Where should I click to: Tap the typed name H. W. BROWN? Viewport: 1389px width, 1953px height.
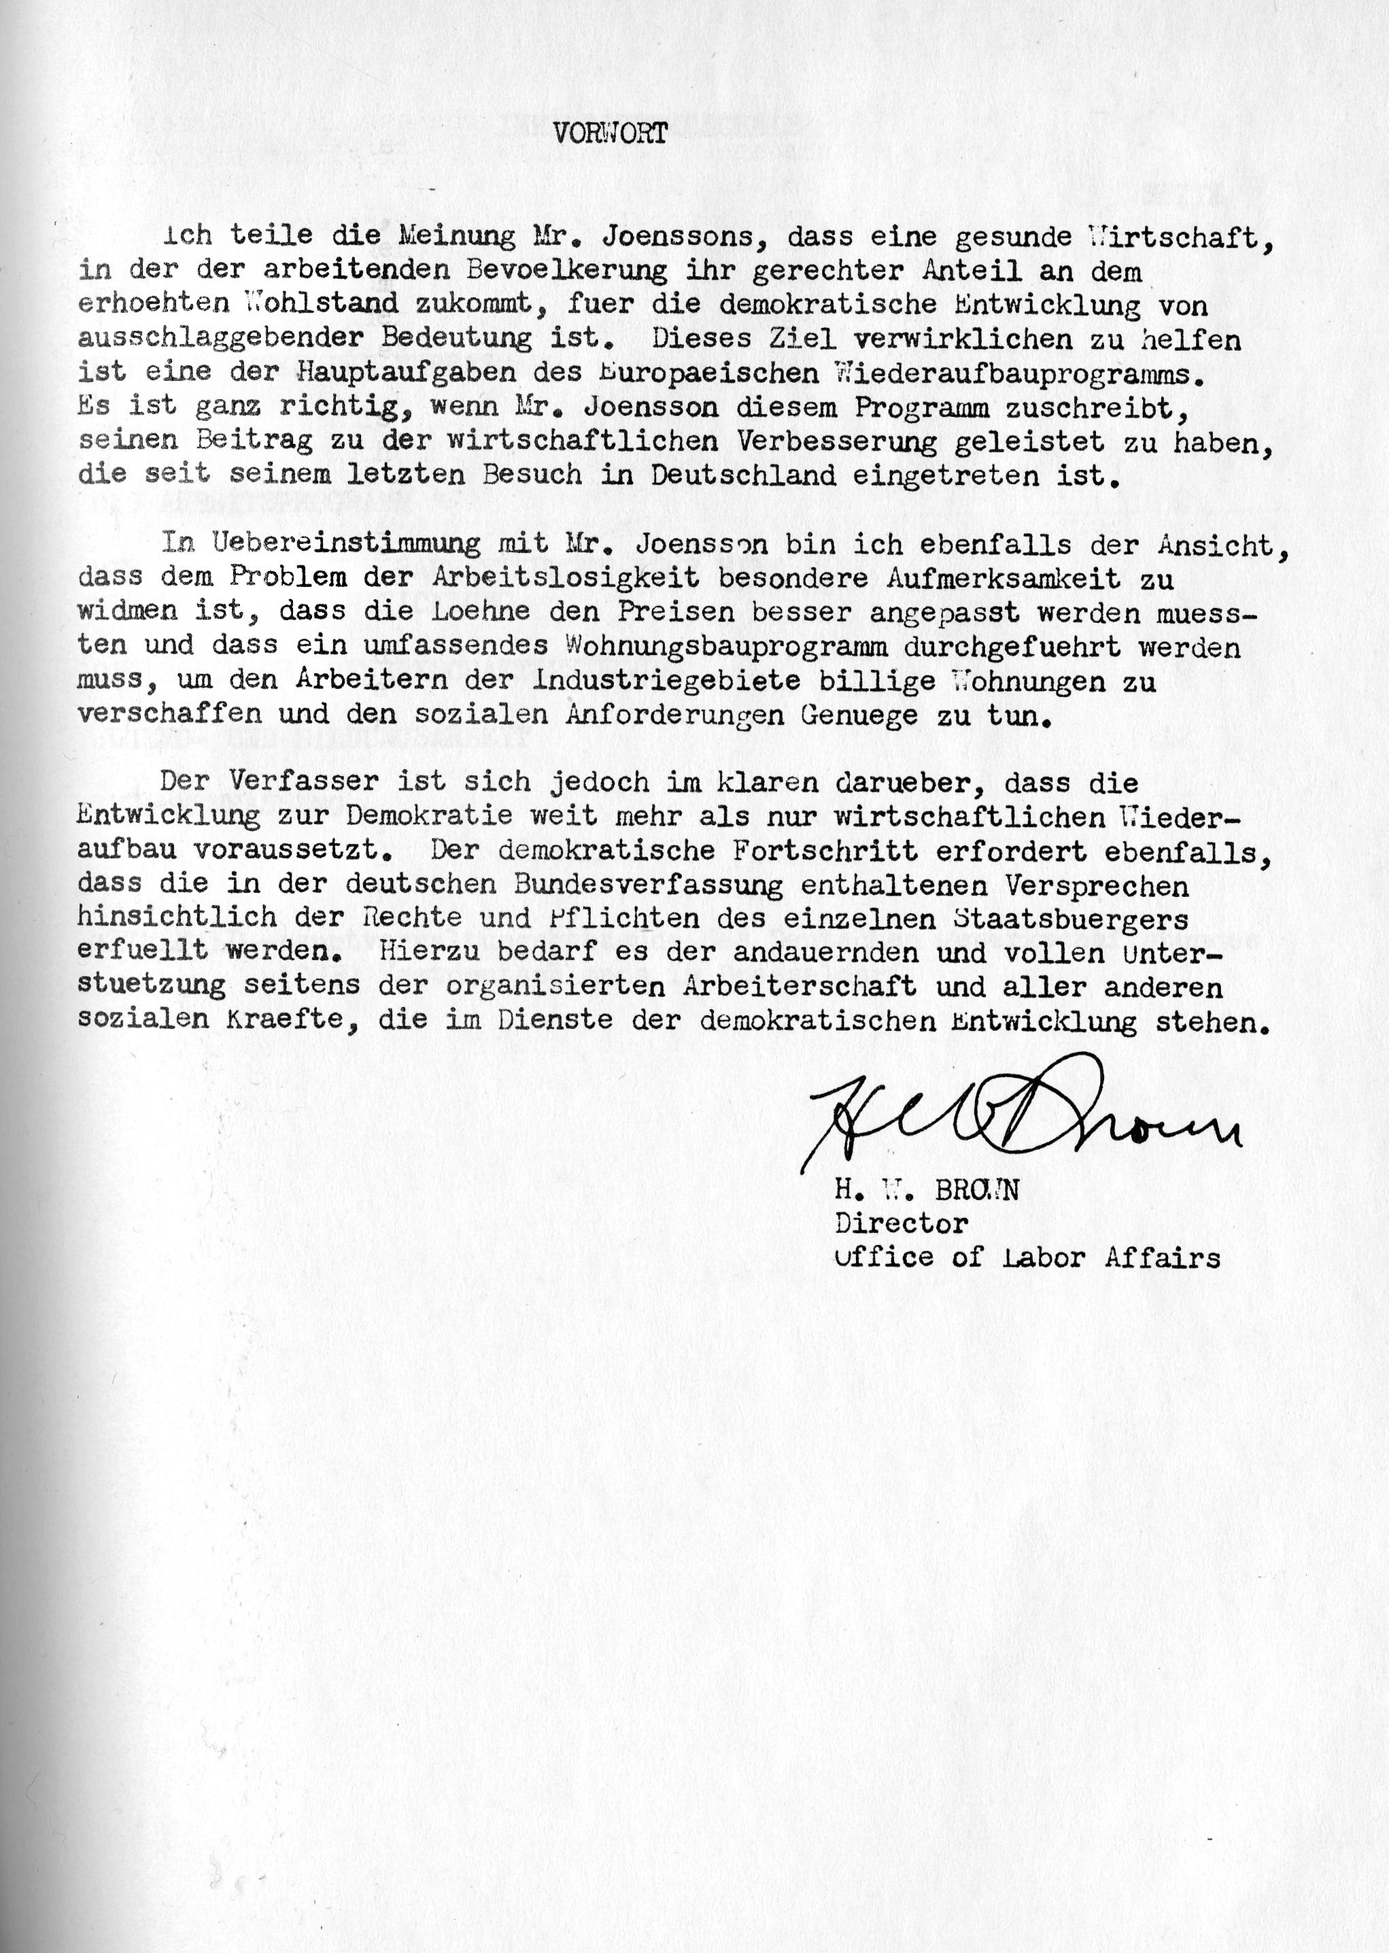point(926,1191)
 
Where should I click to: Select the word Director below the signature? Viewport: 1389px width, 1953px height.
point(901,1223)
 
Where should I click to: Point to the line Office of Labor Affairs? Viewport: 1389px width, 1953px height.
point(1027,1257)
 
